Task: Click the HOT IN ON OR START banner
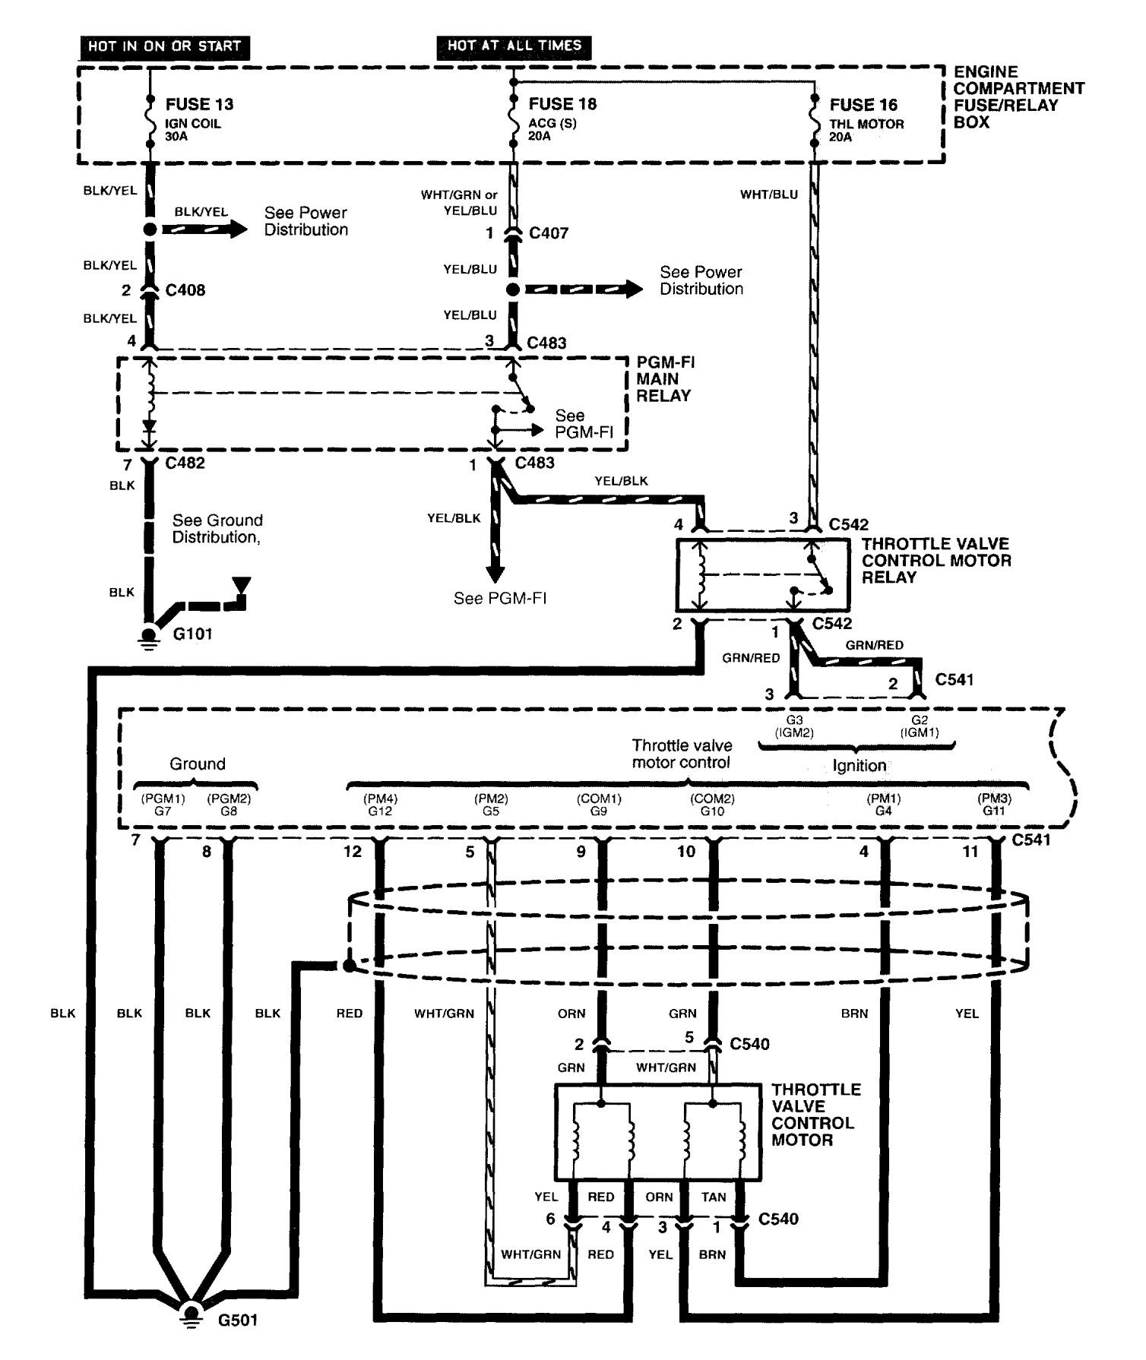[164, 46]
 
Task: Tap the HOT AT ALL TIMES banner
[514, 46]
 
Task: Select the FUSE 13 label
[199, 104]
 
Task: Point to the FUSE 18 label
[562, 104]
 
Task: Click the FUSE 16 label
[863, 105]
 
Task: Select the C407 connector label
[549, 233]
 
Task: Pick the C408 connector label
[185, 290]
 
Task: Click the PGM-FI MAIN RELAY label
[665, 378]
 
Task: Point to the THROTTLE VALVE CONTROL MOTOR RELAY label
[936, 561]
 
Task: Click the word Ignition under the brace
[859, 766]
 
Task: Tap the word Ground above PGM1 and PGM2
[197, 764]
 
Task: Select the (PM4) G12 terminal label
[381, 805]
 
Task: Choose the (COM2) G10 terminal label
[712, 805]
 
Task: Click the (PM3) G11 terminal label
[994, 805]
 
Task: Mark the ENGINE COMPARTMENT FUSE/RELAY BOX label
[1018, 96]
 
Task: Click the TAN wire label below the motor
[714, 1197]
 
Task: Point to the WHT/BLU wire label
[769, 195]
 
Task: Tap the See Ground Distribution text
[217, 529]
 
